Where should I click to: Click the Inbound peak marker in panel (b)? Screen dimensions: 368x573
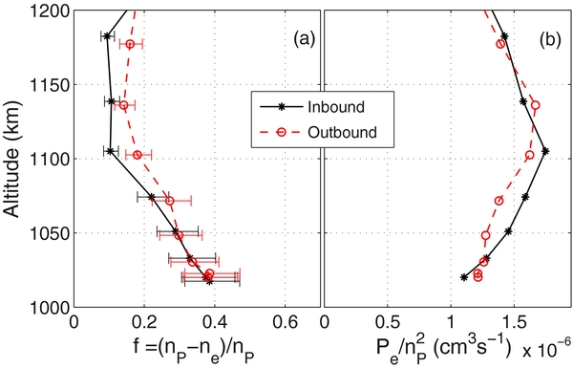tap(545, 151)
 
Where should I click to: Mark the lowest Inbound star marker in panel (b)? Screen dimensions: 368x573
tap(464, 277)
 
